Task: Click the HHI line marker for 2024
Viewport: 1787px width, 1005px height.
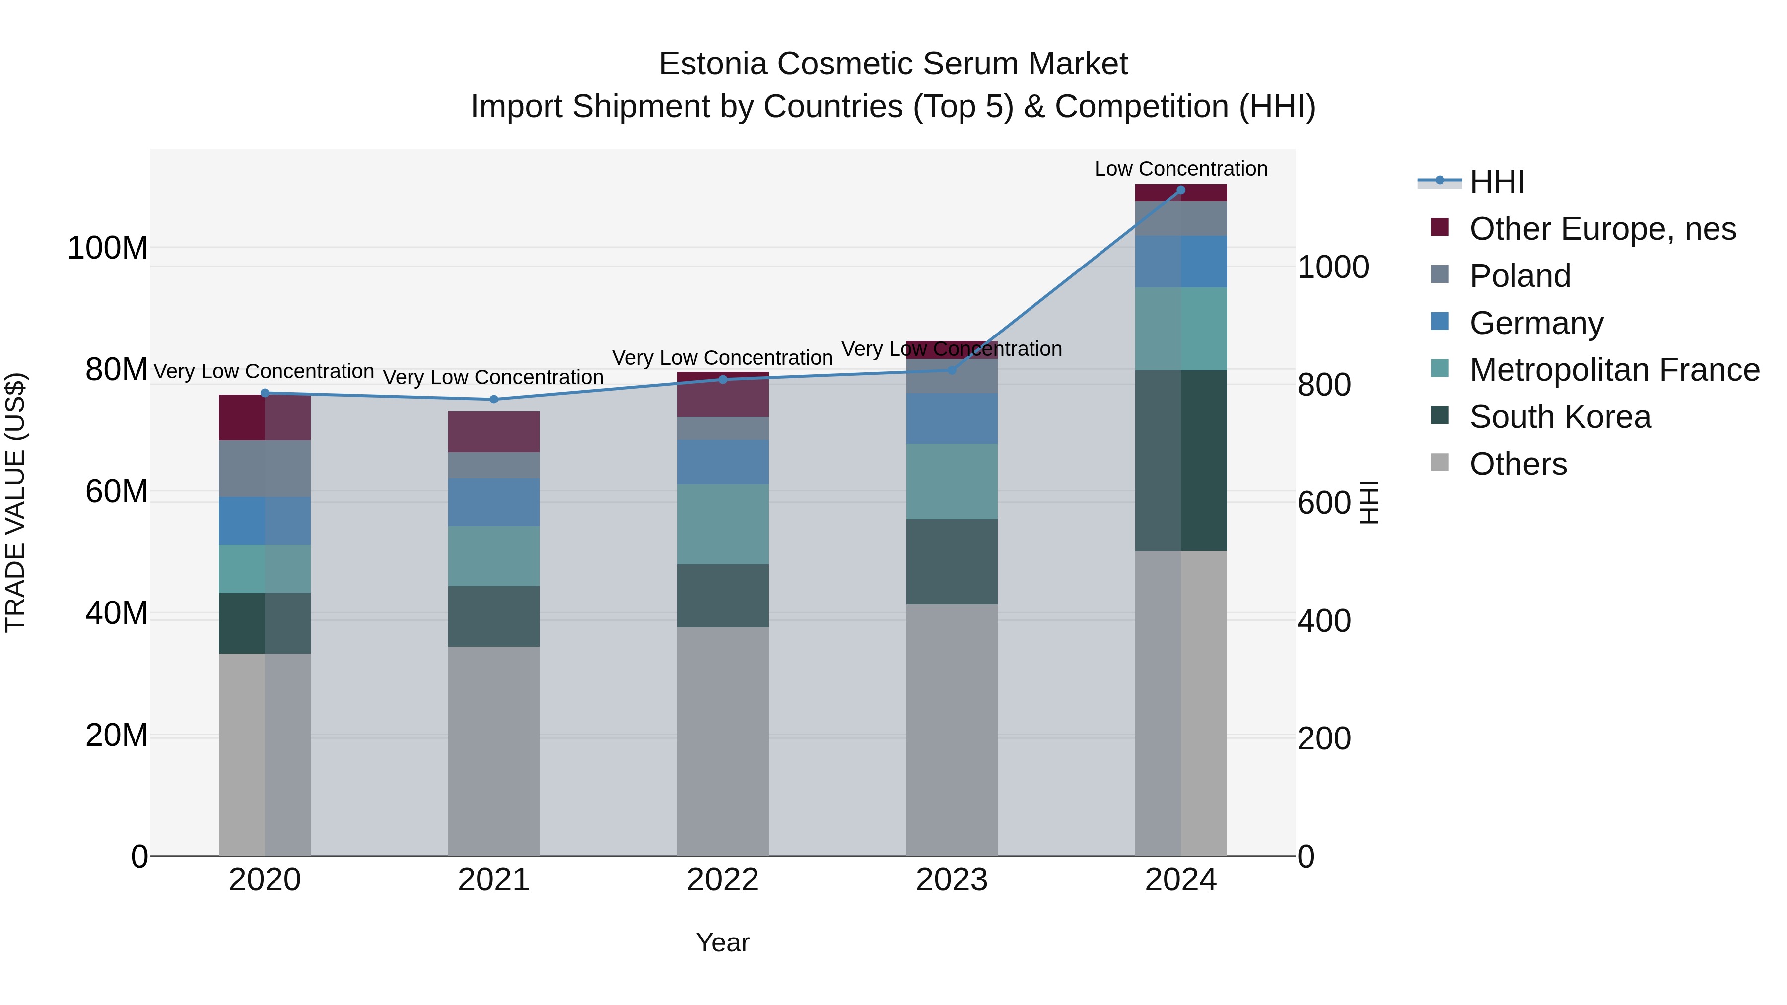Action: point(1181,190)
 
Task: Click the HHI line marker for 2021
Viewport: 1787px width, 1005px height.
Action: point(494,400)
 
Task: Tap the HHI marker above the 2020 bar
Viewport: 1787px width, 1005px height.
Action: point(264,393)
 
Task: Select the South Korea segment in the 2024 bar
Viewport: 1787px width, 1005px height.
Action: point(1181,461)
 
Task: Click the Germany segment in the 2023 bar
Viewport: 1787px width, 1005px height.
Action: point(951,418)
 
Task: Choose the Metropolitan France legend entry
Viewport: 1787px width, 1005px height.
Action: point(1614,370)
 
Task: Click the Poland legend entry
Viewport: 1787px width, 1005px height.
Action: point(1519,276)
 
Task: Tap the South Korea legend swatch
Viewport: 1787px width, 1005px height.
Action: point(1440,416)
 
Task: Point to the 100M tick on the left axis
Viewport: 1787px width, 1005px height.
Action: point(108,248)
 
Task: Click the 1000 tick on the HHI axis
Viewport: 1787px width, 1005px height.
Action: point(1333,267)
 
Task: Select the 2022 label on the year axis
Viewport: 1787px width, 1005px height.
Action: point(722,879)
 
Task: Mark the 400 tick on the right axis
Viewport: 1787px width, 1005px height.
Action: point(1323,621)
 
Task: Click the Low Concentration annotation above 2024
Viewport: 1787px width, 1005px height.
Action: point(1181,169)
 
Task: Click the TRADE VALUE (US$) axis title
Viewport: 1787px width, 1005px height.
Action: point(15,502)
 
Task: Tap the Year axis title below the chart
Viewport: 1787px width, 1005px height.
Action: point(722,942)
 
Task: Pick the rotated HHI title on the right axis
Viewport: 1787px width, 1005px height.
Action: point(1369,502)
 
